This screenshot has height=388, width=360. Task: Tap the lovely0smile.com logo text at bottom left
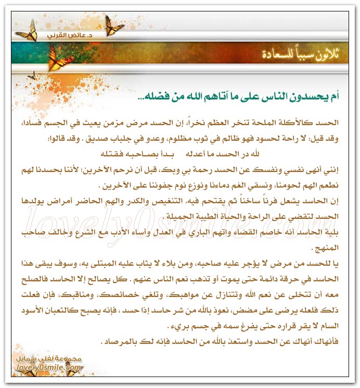52,368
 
